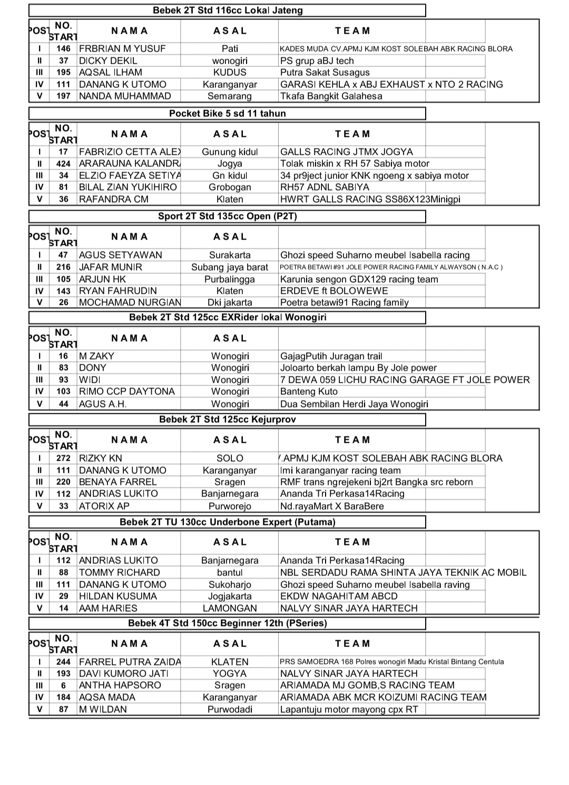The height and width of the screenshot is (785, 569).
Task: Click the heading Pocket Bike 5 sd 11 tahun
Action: tap(227, 113)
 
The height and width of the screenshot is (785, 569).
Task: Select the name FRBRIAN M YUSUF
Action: tap(122, 48)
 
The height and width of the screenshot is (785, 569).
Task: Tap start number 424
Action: tap(63, 164)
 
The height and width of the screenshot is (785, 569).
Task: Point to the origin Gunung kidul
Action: tap(230, 152)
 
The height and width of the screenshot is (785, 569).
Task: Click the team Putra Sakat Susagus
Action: tap(325, 72)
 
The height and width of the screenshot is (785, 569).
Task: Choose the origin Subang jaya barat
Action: tap(230, 267)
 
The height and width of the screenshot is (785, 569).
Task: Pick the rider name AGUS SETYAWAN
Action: tap(121, 255)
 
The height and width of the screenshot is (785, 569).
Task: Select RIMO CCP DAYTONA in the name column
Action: tap(126, 391)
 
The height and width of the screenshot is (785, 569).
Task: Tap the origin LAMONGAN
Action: tap(230, 608)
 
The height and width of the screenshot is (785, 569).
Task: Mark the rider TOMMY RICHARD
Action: tap(119, 572)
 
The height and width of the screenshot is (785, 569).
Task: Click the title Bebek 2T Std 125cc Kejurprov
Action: tap(227, 419)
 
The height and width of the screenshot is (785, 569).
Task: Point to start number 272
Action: tap(63, 458)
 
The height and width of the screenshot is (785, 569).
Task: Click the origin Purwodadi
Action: tap(230, 709)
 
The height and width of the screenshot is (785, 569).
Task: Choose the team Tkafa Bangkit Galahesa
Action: tap(331, 96)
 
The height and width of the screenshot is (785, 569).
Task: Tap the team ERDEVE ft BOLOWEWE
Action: tap(333, 291)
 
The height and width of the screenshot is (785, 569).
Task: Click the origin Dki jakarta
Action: tap(230, 302)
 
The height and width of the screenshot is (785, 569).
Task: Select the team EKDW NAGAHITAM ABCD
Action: tap(339, 596)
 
